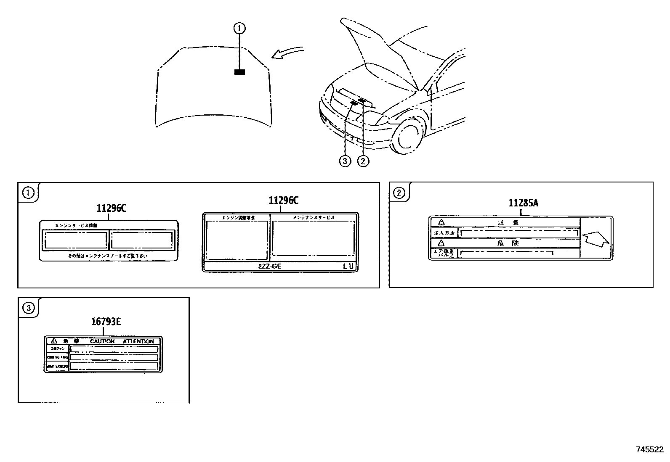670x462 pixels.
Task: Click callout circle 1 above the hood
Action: point(239,28)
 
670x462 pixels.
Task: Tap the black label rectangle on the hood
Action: point(239,72)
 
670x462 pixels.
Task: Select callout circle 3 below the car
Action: point(345,161)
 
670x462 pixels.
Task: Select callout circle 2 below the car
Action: point(363,161)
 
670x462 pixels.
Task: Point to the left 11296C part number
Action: point(111,208)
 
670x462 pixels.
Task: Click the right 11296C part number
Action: point(283,201)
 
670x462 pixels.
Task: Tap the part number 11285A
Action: point(523,203)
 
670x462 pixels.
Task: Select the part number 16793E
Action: point(106,322)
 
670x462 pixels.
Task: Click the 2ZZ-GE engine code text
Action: point(269,267)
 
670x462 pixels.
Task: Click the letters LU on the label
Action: point(348,267)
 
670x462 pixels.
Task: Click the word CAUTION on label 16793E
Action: point(102,341)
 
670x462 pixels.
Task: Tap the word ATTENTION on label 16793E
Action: point(138,341)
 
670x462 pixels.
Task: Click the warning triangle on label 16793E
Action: point(53,341)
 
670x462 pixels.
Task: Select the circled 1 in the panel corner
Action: point(28,193)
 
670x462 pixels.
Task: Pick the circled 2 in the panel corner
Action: point(399,193)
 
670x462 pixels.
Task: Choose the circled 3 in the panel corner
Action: point(28,309)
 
